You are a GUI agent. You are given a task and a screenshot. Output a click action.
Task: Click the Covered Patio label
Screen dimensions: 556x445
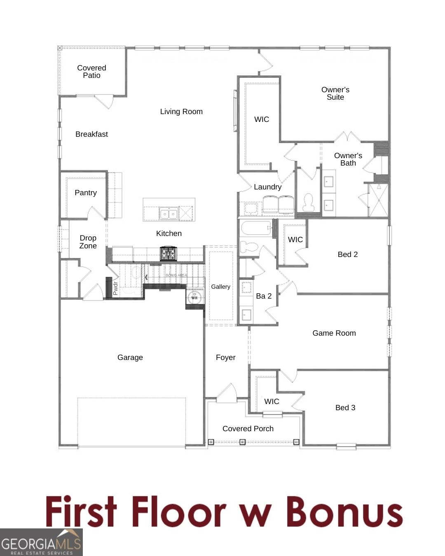(x=91, y=72)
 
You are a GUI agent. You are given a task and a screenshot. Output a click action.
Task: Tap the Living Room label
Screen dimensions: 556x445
(x=181, y=112)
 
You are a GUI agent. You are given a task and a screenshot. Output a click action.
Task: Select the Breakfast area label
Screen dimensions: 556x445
(x=91, y=134)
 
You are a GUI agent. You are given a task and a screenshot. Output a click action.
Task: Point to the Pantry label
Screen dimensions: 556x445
(x=86, y=193)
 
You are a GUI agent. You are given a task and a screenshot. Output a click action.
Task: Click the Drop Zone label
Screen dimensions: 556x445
(x=88, y=242)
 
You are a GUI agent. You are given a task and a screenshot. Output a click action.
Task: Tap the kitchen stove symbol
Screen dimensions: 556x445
(x=168, y=253)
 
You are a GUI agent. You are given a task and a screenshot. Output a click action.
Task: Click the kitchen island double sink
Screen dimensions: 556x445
(x=168, y=214)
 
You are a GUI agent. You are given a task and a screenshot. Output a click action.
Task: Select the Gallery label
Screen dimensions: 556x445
(x=220, y=287)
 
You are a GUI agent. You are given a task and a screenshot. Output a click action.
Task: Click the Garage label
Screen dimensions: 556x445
(x=130, y=357)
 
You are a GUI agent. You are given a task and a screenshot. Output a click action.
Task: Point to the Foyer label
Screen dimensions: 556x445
(x=225, y=357)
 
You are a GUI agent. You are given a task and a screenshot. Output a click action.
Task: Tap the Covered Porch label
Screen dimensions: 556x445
(x=248, y=429)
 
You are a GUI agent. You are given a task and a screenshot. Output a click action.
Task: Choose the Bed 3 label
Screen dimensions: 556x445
(x=345, y=408)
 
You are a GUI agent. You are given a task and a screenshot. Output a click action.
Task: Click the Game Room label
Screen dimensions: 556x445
(x=334, y=333)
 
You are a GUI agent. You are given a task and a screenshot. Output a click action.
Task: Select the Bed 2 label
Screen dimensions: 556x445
(x=348, y=255)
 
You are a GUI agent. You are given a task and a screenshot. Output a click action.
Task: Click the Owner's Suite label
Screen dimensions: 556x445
(x=335, y=93)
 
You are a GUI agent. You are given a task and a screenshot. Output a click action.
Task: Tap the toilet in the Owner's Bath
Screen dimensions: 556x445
(x=308, y=202)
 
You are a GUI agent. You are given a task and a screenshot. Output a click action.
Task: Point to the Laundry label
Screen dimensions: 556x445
(x=268, y=187)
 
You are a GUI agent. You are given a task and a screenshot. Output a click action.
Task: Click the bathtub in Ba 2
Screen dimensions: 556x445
(x=256, y=228)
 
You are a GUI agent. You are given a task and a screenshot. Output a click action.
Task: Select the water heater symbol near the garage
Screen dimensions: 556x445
(x=194, y=297)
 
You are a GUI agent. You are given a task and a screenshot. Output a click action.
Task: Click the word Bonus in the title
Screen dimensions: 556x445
(x=344, y=512)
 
